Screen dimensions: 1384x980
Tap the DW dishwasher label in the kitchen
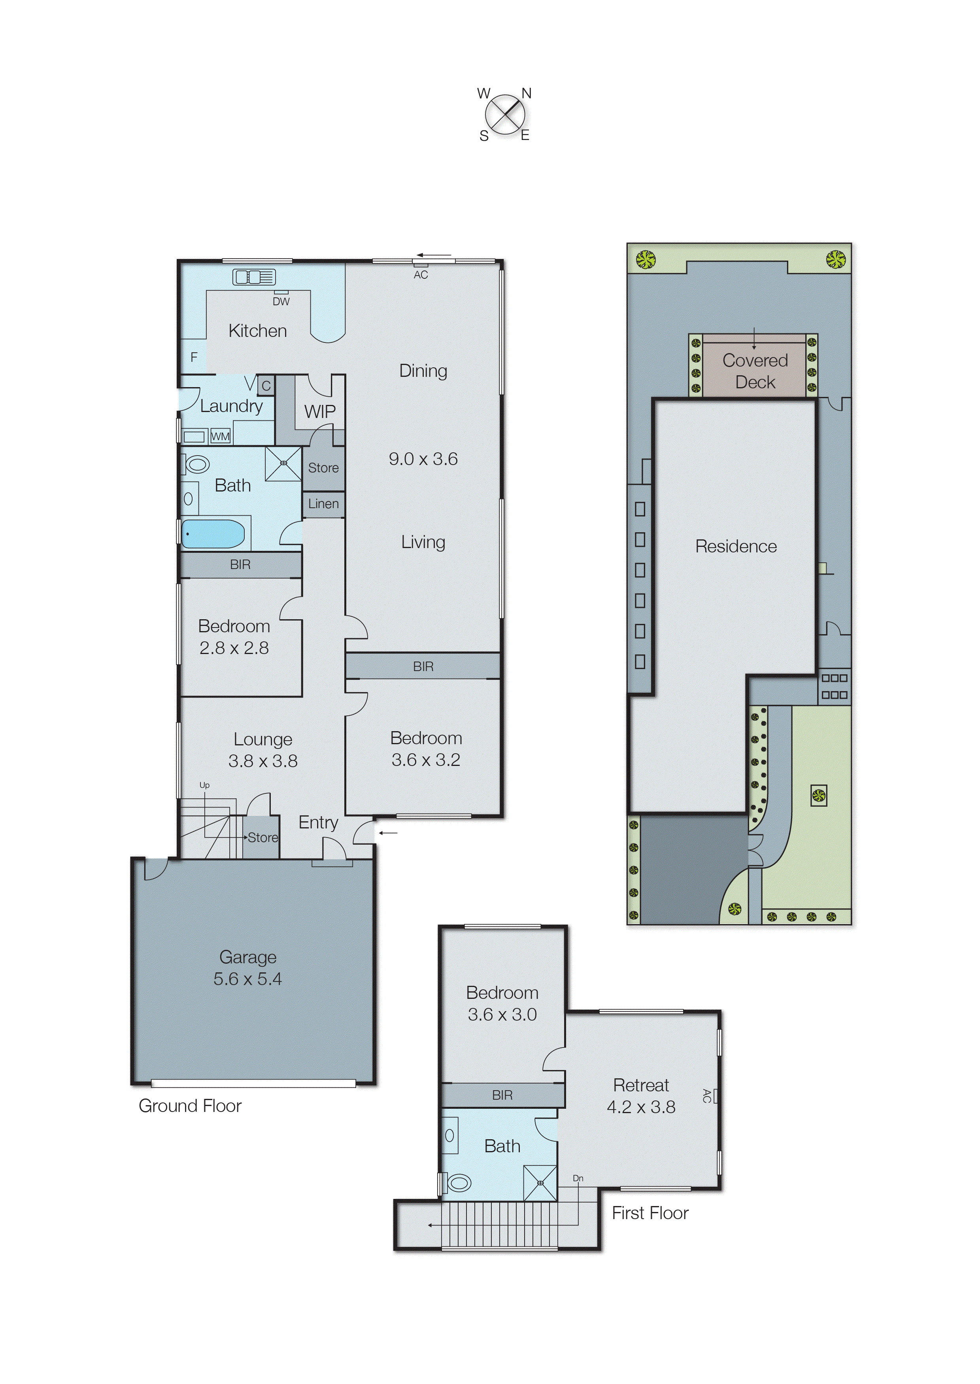[x=281, y=301]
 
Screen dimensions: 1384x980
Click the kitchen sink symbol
[x=254, y=277]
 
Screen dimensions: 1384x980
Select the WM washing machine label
[x=220, y=437]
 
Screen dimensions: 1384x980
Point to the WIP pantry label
[x=320, y=412]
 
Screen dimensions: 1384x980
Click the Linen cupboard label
[x=323, y=503]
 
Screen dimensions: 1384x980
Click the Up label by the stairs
[x=204, y=785]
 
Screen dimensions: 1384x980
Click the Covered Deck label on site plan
[x=755, y=371]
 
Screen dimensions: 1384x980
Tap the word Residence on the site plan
[x=736, y=546]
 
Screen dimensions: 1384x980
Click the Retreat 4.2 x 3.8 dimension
[x=641, y=1106]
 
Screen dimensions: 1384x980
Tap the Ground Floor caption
[x=190, y=1106]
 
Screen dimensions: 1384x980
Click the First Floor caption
[x=650, y=1213]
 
